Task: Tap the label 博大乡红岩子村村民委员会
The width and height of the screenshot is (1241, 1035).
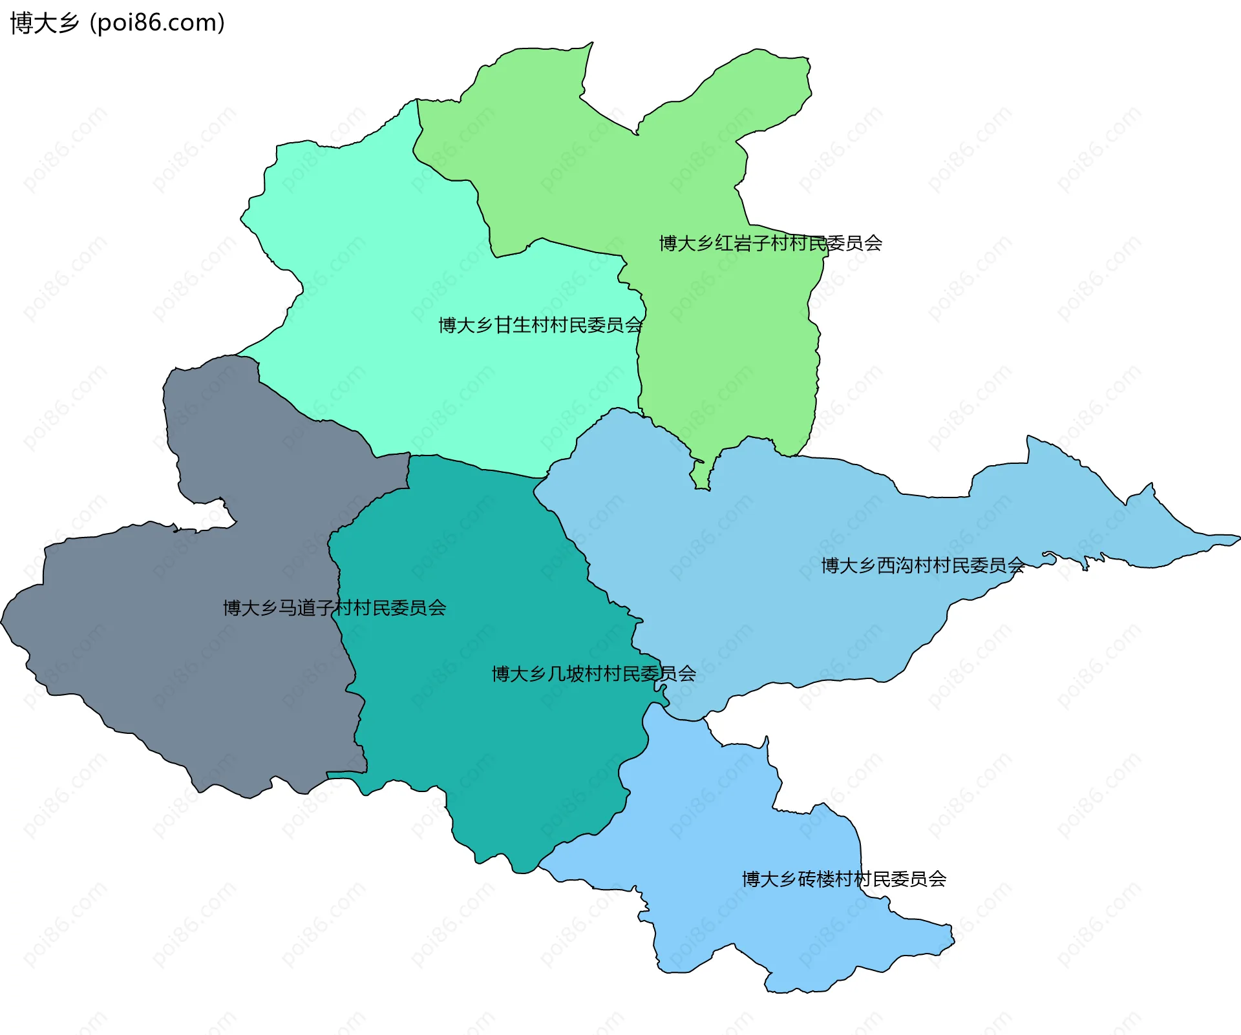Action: tap(770, 244)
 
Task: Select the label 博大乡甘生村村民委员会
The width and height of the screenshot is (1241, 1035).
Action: tap(540, 325)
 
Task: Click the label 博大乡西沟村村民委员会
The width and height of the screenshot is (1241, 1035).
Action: tap(922, 566)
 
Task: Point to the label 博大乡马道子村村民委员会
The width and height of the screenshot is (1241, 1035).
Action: tap(334, 608)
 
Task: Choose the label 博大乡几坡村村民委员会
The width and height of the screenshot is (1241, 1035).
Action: tap(593, 674)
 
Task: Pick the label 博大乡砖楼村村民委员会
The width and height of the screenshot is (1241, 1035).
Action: tap(843, 879)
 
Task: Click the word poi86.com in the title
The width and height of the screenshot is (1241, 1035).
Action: tap(157, 23)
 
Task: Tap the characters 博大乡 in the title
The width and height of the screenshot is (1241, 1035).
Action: tap(45, 23)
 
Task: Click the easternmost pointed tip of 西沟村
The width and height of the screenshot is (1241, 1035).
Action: tap(1237, 538)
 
